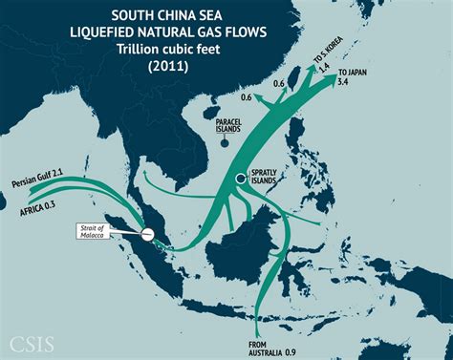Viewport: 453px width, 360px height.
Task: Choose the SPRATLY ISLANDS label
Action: point(269,176)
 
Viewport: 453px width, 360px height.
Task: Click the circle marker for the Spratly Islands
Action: point(243,179)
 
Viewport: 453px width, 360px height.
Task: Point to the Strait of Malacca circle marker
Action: point(147,234)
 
